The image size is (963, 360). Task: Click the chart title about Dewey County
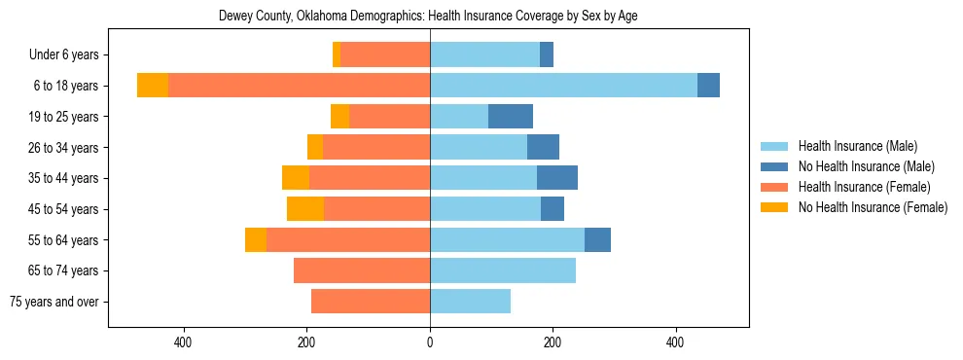coord(428,17)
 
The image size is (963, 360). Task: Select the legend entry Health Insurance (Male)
coord(857,146)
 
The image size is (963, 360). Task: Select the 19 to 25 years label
coord(62,117)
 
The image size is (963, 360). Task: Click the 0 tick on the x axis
coord(429,342)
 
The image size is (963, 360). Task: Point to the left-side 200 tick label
coord(306,342)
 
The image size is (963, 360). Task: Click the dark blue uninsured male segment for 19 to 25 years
coord(511,117)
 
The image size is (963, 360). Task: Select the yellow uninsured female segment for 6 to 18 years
coord(153,86)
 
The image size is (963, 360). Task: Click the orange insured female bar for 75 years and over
coord(371,302)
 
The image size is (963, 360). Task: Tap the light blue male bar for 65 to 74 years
coord(503,270)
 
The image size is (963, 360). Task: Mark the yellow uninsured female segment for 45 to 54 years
coord(305,209)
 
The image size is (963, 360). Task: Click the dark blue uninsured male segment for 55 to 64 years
coord(597,239)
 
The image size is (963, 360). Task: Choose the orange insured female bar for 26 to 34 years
coord(376,147)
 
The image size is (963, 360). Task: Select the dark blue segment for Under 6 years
coord(547,55)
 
